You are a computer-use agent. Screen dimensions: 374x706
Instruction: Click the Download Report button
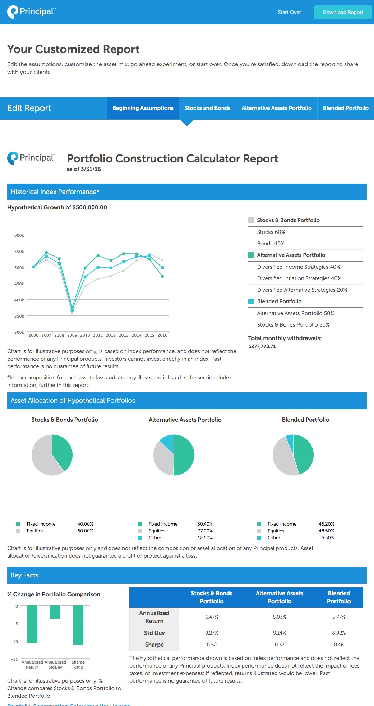pyautogui.click(x=343, y=12)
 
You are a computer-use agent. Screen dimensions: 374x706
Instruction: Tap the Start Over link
pyautogui.click(x=289, y=12)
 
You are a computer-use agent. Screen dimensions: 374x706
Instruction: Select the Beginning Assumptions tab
pyautogui.click(x=143, y=108)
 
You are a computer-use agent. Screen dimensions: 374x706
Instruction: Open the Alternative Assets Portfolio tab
pyautogui.click(x=277, y=108)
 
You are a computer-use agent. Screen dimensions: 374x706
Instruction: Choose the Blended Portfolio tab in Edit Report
pyautogui.click(x=346, y=108)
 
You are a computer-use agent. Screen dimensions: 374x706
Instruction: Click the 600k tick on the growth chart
pyautogui.click(x=19, y=235)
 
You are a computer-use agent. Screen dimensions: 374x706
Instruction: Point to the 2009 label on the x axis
pyautogui.click(x=72, y=335)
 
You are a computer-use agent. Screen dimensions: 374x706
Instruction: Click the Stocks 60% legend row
pyautogui.click(x=271, y=232)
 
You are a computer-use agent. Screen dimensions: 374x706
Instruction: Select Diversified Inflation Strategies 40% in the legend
pyautogui.click(x=299, y=278)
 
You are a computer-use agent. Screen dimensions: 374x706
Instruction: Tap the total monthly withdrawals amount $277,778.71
pyautogui.click(x=262, y=346)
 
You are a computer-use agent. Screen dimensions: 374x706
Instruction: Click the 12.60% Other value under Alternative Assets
pyautogui.click(x=205, y=538)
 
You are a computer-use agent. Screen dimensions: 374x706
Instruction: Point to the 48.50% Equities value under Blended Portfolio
pyautogui.click(x=326, y=531)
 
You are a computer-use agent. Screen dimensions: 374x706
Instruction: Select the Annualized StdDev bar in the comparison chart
pyautogui.click(x=55, y=612)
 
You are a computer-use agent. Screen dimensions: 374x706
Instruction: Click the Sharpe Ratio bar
pyautogui.click(x=78, y=625)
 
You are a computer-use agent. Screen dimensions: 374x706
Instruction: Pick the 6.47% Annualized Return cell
pyautogui.click(x=212, y=617)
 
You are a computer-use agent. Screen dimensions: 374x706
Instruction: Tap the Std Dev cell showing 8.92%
pyautogui.click(x=339, y=633)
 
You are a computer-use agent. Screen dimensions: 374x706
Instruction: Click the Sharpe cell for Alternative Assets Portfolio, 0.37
pyautogui.click(x=280, y=645)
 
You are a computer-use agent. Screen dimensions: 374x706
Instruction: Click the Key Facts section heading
pyautogui.click(x=24, y=575)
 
